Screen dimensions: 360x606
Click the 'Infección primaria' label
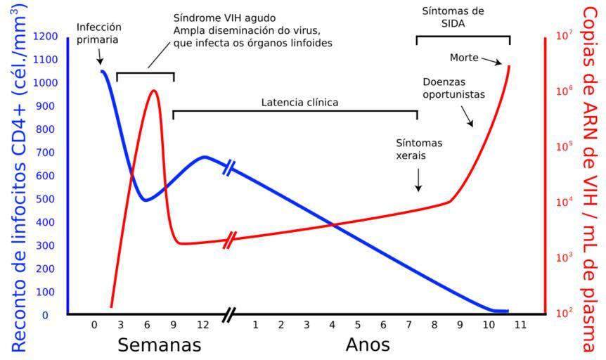click(x=98, y=33)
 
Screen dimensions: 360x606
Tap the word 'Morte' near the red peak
click(x=463, y=56)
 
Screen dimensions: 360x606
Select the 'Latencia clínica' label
click(x=299, y=102)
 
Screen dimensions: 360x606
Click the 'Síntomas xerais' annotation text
click(x=420, y=148)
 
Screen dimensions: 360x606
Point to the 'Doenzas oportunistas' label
click(x=453, y=87)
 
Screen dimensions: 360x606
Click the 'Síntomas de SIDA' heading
click(x=463, y=17)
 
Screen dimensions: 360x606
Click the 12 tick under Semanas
click(x=202, y=325)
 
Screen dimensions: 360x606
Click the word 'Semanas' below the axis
click(x=159, y=345)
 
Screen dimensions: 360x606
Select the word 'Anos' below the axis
click(x=367, y=345)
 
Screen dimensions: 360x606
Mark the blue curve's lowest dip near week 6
click(x=146, y=200)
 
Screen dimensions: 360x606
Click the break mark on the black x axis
click(x=228, y=314)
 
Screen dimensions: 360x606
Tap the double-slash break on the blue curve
click(x=229, y=167)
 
